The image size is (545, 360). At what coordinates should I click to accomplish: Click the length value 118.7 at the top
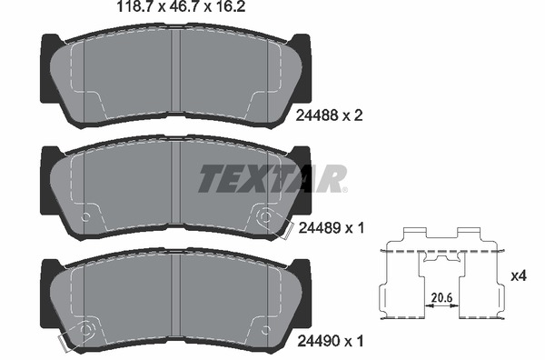(x=125, y=11)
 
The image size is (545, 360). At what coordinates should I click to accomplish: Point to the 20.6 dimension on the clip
(x=442, y=296)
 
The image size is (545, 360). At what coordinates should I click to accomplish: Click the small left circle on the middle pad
(x=86, y=217)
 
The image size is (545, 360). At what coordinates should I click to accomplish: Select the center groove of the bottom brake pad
(x=176, y=300)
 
